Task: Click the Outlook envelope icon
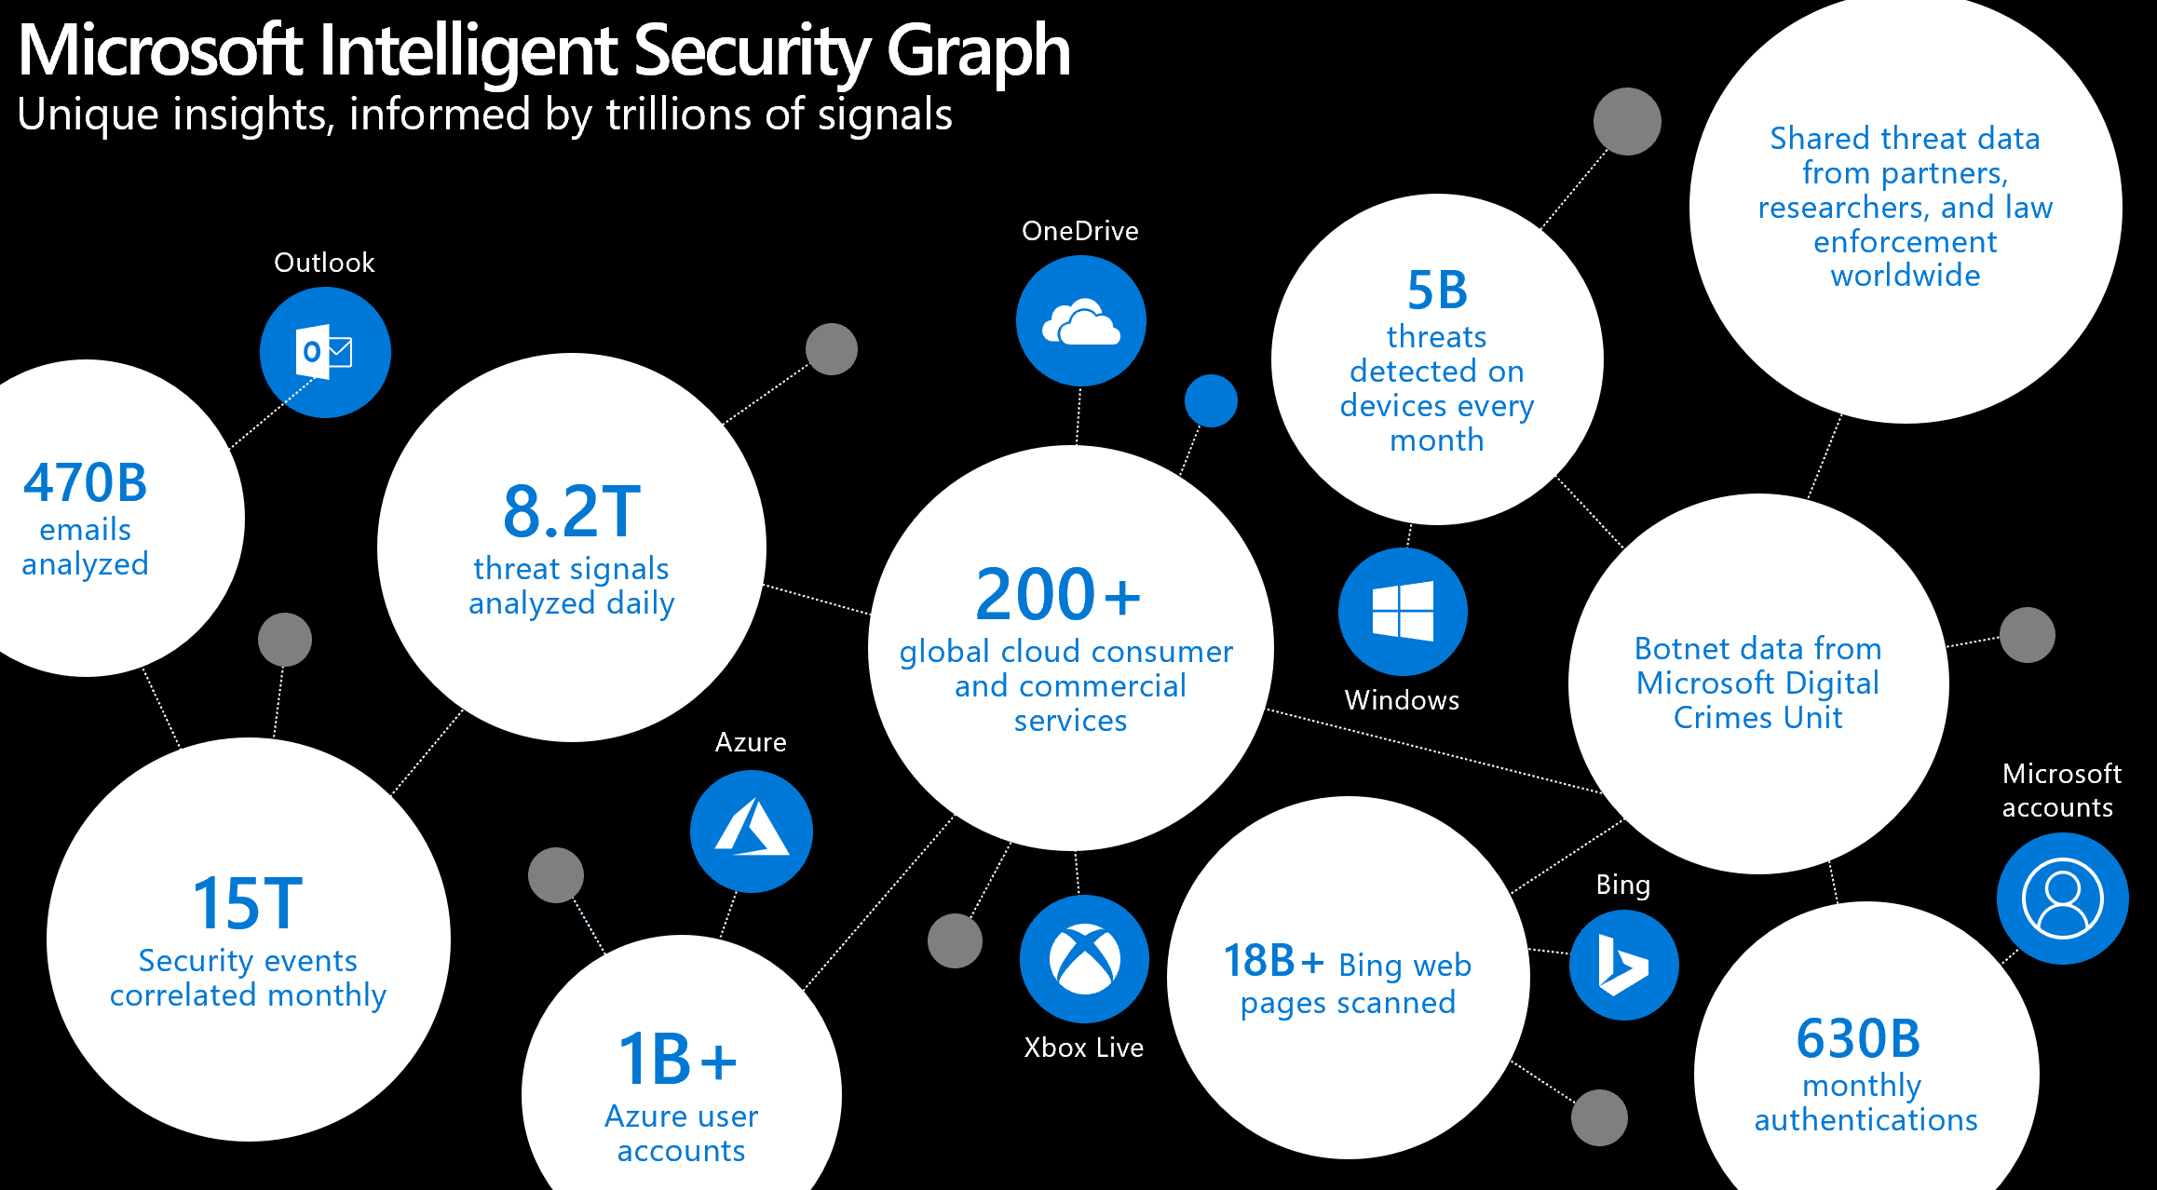(x=324, y=352)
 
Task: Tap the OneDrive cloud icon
(x=1080, y=322)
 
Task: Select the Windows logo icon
(x=1403, y=611)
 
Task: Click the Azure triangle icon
(x=751, y=830)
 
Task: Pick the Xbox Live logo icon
(x=1084, y=959)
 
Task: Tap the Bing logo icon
(x=1623, y=965)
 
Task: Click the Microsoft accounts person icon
(x=2062, y=899)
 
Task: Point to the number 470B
(x=86, y=482)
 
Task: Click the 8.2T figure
(x=572, y=511)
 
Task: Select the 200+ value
(x=1058, y=595)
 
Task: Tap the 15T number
(x=248, y=903)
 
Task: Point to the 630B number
(x=1858, y=1038)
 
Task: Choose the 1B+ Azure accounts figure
(x=677, y=1060)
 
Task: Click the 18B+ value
(x=1272, y=961)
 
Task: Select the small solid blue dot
(x=1211, y=401)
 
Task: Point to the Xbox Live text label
(x=1083, y=1048)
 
